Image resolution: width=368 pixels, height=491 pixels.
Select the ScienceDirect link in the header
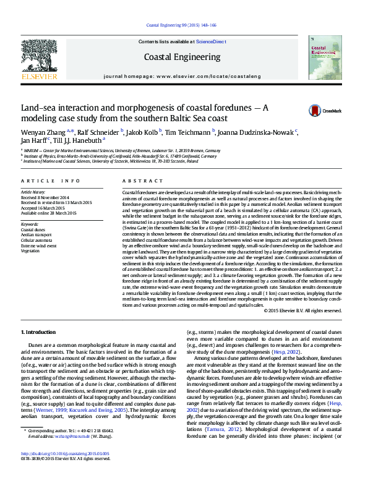(x=211, y=41)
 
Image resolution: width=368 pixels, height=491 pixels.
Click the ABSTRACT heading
(x=137, y=181)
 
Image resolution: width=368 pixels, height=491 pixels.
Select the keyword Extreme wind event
(x=39, y=246)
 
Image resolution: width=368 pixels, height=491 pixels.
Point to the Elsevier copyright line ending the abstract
(x=302, y=310)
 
